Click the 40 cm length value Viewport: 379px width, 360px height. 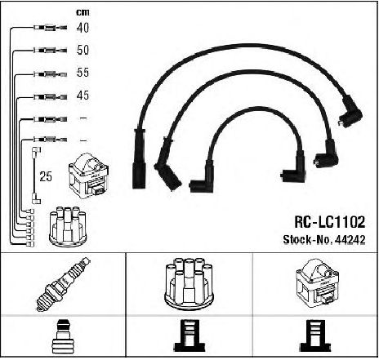(x=82, y=28)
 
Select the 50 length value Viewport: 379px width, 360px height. (x=82, y=50)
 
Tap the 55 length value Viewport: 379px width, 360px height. (x=82, y=73)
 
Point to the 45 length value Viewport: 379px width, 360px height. (x=82, y=96)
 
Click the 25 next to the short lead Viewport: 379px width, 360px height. (x=46, y=176)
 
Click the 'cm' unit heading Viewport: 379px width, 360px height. (x=82, y=12)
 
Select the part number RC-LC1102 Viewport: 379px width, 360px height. (x=329, y=222)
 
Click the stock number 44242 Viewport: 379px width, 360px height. (x=350, y=239)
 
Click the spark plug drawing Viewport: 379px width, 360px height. (x=64, y=284)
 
